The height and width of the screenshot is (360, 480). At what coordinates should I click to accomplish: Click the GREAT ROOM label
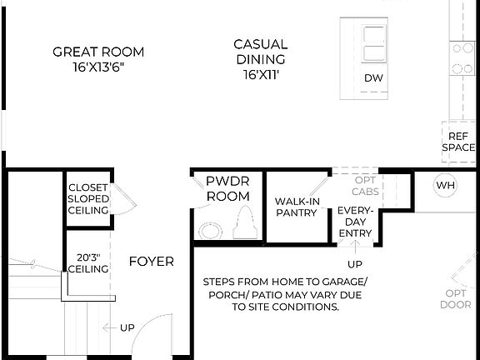pos(98,52)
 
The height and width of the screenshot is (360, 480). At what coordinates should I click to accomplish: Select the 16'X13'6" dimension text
pos(98,67)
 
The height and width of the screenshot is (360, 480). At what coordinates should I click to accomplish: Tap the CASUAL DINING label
pos(260,52)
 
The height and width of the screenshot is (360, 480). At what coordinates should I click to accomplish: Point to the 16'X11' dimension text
pos(260,75)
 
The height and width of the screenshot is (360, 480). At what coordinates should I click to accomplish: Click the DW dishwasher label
pos(373,78)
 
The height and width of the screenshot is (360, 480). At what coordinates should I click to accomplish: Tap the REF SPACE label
pos(458,142)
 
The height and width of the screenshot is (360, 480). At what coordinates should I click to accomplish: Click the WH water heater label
pos(446,184)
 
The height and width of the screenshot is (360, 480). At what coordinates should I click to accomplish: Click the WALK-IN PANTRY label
pos(296,207)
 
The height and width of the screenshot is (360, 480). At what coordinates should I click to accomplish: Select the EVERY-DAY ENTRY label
pos(355,222)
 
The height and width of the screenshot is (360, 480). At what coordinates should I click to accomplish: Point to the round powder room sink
pos(209,227)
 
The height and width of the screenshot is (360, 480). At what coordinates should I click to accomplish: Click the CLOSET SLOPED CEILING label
pos(88,199)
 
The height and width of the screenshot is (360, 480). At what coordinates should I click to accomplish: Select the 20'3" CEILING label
pos(88,262)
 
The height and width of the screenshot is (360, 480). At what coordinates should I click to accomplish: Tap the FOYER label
pos(152,262)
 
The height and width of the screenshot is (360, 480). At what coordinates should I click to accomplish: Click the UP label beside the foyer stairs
pos(127,327)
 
